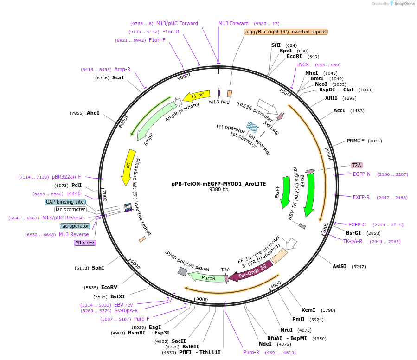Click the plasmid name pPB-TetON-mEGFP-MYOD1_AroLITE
[x=218, y=183]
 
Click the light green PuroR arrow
[x=207, y=278]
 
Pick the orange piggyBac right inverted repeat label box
[x=286, y=32]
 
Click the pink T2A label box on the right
[x=356, y=165]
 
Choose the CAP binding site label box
[x=65, y=202]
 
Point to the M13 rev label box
[x=84, y=243]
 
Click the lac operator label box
[x=75, y=226]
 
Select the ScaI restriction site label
[x=118, y=77]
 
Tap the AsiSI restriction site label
[x=339, y=266]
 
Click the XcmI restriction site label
[x=308, y=310]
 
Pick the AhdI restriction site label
[x=93, y=113]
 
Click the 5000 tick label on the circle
[x=202, y=299]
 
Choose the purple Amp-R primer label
[x=122, y=69]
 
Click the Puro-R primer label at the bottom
[x=251, y=352]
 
